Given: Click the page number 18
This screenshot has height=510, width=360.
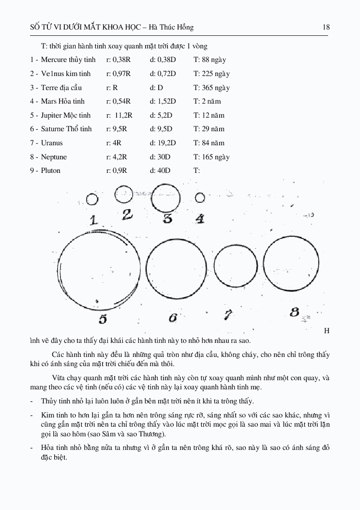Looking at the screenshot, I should [326, 27].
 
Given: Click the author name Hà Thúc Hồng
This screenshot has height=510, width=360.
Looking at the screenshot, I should [173, 27].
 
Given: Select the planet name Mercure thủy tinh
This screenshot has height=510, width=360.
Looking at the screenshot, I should [68, 60].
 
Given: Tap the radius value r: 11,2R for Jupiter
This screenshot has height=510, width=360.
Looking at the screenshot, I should [119, 115].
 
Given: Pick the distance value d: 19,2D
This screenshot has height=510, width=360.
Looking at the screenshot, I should [163, 143].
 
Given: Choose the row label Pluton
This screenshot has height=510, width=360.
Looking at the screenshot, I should [51, 170].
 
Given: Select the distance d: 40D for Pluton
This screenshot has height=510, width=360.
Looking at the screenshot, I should [160, 170].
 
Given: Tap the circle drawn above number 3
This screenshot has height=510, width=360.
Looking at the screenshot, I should [166, 198].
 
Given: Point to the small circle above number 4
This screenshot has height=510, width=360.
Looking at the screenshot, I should [199, 198].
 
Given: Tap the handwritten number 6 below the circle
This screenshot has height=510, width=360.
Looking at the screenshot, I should [173, 318].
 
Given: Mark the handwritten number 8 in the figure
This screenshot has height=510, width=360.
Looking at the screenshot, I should [294, 312].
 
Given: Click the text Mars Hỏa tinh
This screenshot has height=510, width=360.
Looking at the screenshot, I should [63, 101].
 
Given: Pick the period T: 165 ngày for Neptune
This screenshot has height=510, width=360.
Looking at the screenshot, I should [211, 157].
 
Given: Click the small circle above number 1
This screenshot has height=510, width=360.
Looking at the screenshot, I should [92, 199].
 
